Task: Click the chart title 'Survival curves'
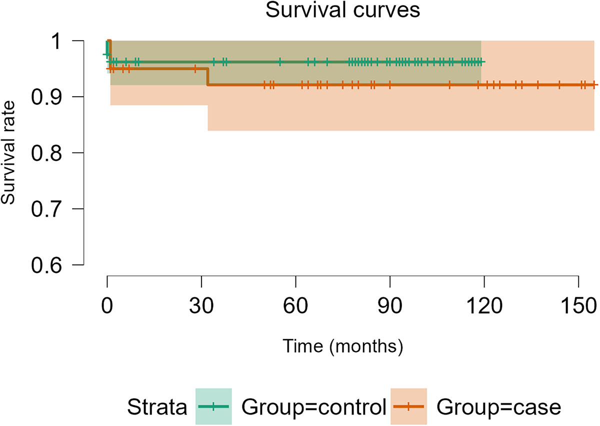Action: (342, 11)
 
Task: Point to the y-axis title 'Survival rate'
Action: (9, 153)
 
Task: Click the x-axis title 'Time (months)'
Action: (342, 345)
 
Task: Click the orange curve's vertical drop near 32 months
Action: (207, 77)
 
